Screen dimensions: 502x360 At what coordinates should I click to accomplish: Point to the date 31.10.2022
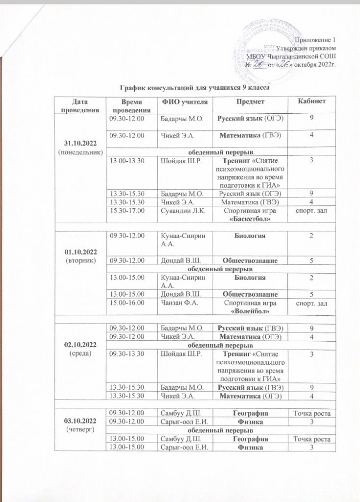pos(80,142)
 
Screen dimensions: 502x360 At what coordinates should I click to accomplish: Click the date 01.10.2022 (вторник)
pos(80,254)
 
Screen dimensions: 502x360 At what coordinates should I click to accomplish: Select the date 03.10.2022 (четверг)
pos(80,425)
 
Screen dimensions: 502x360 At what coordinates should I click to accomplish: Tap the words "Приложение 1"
pos(318,40)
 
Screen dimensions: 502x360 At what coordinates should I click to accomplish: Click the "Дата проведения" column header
pos(80,104)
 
